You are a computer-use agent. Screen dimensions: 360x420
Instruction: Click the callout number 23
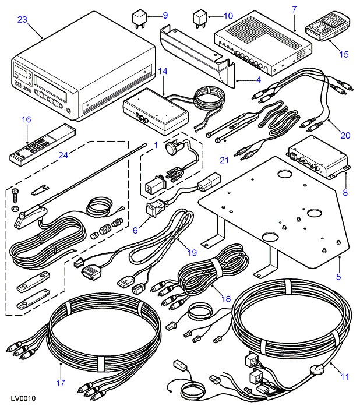click(22, 20)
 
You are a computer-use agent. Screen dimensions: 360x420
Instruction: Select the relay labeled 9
click(139, 19)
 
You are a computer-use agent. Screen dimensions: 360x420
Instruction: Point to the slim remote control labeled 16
click(43, 143)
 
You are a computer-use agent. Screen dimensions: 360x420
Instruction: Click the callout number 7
click(294, 10)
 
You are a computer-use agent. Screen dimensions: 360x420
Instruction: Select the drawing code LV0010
click(23, 398)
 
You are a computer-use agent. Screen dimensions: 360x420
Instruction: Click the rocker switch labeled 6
click(156, 208)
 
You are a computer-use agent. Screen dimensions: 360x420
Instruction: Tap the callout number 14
click(163, 71)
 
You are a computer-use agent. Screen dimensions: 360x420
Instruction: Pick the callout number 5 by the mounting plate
click(338, 277)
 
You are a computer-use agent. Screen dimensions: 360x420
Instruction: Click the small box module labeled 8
click(318, 157)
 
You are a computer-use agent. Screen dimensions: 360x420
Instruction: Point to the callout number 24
click(63, 156)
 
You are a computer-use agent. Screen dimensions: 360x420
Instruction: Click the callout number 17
click(61, 383)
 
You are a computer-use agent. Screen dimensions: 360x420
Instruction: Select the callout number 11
click(345, 377)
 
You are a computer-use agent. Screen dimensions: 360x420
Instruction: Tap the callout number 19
click(192, 253)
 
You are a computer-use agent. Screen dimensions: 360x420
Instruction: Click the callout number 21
click(224, 160)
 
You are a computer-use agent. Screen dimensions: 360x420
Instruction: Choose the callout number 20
click(345, 136)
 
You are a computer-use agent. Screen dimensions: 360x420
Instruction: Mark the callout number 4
click(259, 80)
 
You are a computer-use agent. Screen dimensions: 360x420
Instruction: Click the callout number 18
click(226, 299)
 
